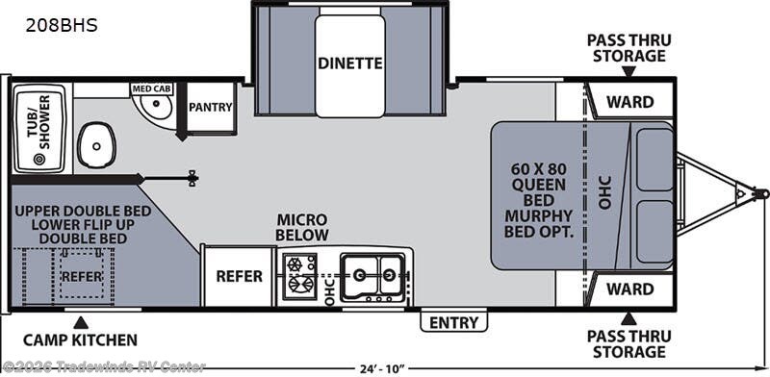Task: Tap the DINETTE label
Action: [350, 63]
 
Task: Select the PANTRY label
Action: [211, 107]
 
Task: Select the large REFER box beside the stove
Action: [239, 276]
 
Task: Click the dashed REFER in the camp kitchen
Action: [81, 274]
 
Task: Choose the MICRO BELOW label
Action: [303, 228]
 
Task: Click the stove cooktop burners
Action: [300, 276]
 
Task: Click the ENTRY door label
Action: [452, 322]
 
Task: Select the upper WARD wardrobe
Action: [629, 101]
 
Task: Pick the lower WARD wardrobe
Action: [629, 289]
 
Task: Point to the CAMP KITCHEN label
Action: [81, 339]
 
